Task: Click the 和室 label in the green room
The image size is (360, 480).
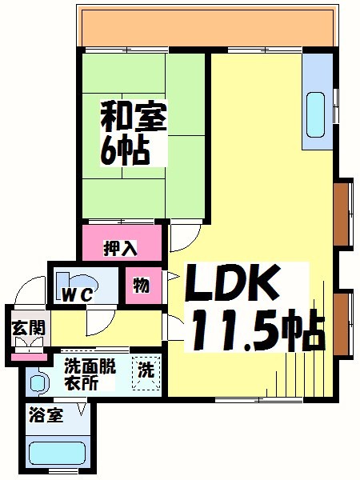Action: (134, 118)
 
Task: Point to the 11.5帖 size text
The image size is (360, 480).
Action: (255, 329)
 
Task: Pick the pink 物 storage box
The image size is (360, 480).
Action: (141, 286)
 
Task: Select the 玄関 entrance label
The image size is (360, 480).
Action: (28, 327)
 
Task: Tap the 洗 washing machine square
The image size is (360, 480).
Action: (146, 373)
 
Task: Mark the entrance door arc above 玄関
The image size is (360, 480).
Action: (32, 290)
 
